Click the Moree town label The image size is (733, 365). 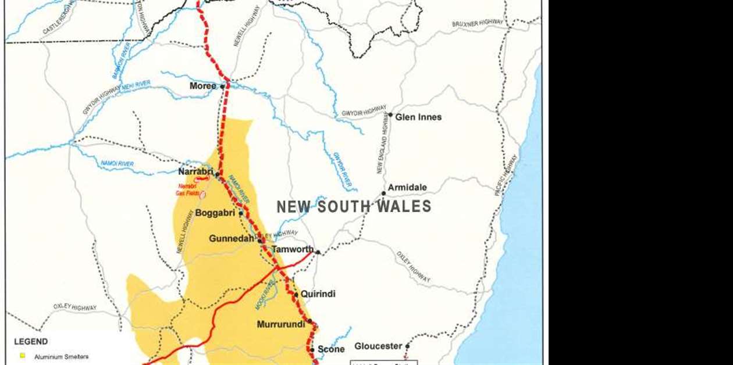click(202, 86)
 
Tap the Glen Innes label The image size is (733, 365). click(418, 117)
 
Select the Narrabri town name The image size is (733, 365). click(195, 171)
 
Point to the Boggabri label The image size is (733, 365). click(215, 213)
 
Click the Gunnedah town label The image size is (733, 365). click(232, 238)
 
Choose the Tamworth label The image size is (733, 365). click(293, 249)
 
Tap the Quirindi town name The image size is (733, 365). click(318, 294)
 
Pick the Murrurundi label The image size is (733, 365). click(281, 324)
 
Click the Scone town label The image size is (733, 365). click(331, 349)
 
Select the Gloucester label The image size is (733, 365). click(378, 346)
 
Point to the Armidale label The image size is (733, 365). click(407, 187)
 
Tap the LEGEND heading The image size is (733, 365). click(31, 342)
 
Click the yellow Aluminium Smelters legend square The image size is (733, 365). click(23, 356)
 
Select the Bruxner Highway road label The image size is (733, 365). click(477, 24)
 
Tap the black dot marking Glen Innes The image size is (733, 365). click(390, 114)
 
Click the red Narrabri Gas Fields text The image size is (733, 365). click(187, 189)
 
